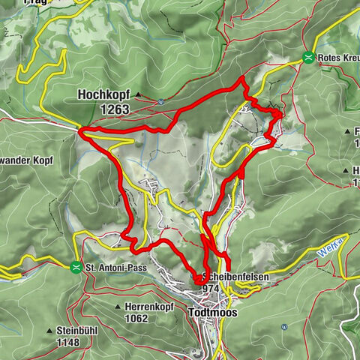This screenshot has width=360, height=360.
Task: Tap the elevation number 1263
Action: (x=113, y=109)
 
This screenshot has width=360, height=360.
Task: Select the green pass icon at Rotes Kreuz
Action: (x=308, y=57)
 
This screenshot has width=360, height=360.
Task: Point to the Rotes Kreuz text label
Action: (x=337, y=58)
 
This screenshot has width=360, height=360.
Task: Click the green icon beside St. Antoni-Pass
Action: (x=76, y=266)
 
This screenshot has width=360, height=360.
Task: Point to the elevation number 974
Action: (x=210, y=288)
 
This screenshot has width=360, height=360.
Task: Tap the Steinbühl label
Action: (x=82, y=331)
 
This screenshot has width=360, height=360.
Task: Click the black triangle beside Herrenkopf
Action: (x=119, y=307)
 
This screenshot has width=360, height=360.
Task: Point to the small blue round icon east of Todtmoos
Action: (x=283, y=327)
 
